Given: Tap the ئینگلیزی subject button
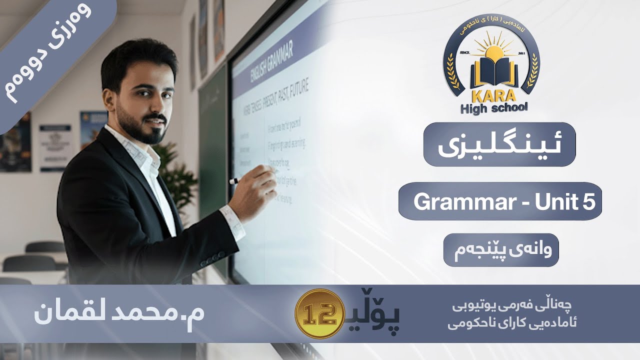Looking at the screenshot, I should coord(499,144).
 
